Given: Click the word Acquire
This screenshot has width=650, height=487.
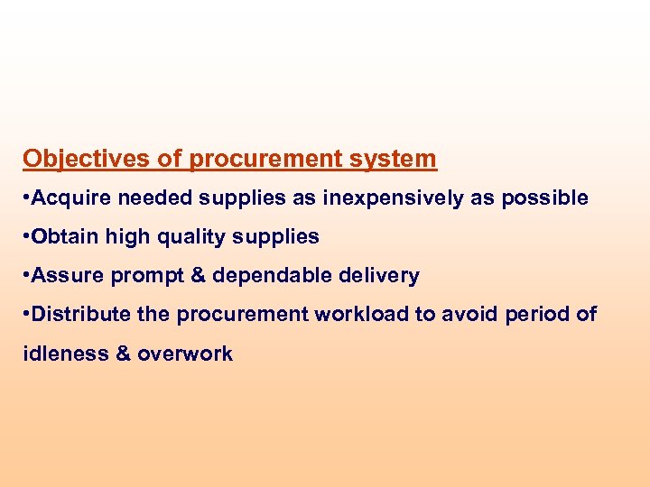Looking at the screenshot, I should (70, 198).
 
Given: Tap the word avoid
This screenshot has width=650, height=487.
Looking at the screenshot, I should (454, 315).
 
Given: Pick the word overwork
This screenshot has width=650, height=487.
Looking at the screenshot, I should (185, 354).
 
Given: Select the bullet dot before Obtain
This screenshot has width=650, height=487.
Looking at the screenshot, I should (27, 237).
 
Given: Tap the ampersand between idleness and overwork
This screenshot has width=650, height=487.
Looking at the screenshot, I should (123, 354).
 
